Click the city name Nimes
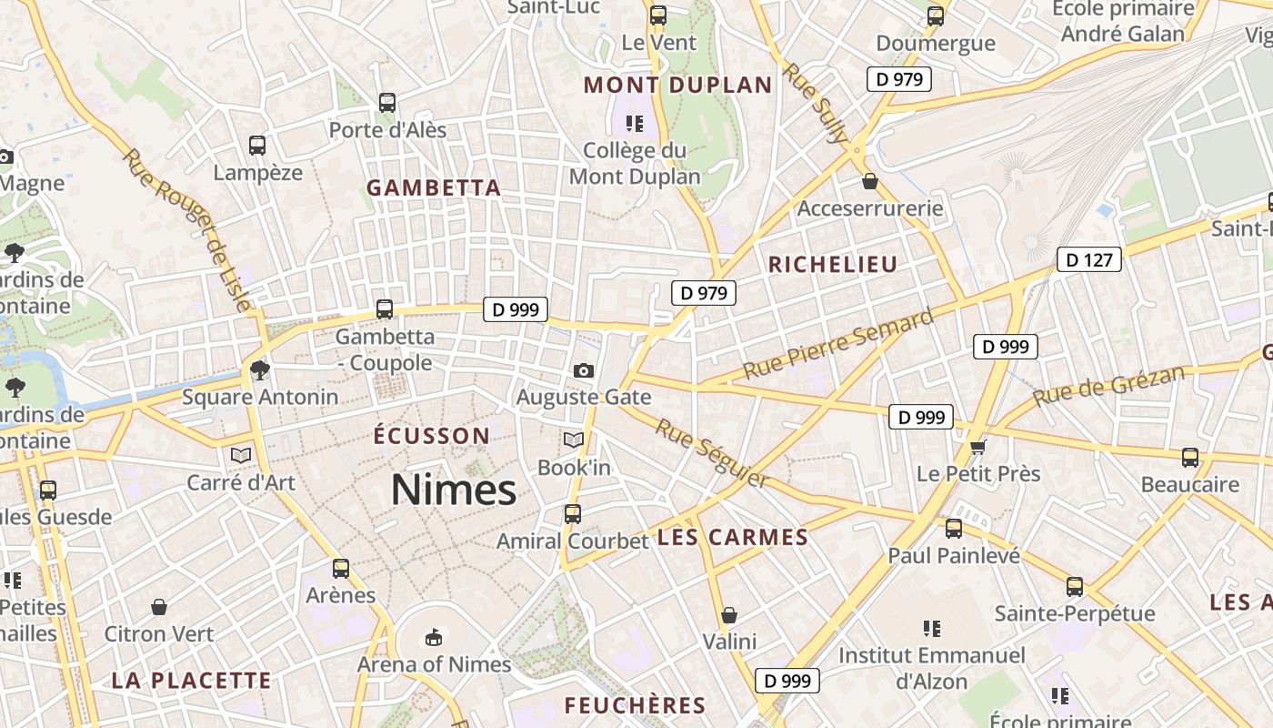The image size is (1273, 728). click(454, 490)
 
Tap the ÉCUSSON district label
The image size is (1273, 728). click(432, 436)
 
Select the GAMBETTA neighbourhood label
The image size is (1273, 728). click(434, 188)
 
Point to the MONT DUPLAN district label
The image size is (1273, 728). click(677, 86)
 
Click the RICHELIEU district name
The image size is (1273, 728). click(833, 265)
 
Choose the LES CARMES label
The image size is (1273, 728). click(732, 538)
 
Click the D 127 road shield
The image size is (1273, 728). click(1088, 260)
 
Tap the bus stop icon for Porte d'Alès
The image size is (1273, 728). click(387, 103)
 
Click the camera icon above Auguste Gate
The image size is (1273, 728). click(584, 370)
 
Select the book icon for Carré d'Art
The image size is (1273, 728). click(241, 455)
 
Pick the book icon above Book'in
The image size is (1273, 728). click(573, 440)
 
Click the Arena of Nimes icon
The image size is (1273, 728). click(434, 637)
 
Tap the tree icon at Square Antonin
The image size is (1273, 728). click(260, 369)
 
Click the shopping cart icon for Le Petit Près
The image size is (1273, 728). click(978, 447)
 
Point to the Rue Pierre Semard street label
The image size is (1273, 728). click(838, 344)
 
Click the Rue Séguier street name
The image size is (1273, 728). click(712, 453)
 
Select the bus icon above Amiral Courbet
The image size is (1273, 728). click(573, 514)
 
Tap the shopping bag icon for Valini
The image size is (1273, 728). click(728, 615)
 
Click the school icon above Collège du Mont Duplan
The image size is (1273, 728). click(635, 123)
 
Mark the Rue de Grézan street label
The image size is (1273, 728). click(1109, 386)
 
